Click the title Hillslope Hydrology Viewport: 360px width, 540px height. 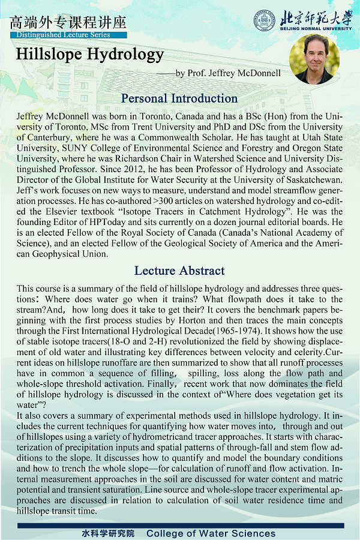click(x=90, y=54)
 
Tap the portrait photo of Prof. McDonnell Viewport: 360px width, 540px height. click(x=314, y=58)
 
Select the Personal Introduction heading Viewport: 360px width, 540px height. click(x=179, y=98)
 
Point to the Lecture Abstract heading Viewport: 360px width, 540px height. click(x=179, y=271)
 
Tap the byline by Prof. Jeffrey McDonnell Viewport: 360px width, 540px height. click(x=227, y=73)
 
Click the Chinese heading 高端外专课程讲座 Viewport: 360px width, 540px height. click(x=68, y=22)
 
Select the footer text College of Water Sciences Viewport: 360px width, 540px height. click(x=211, y=533)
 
